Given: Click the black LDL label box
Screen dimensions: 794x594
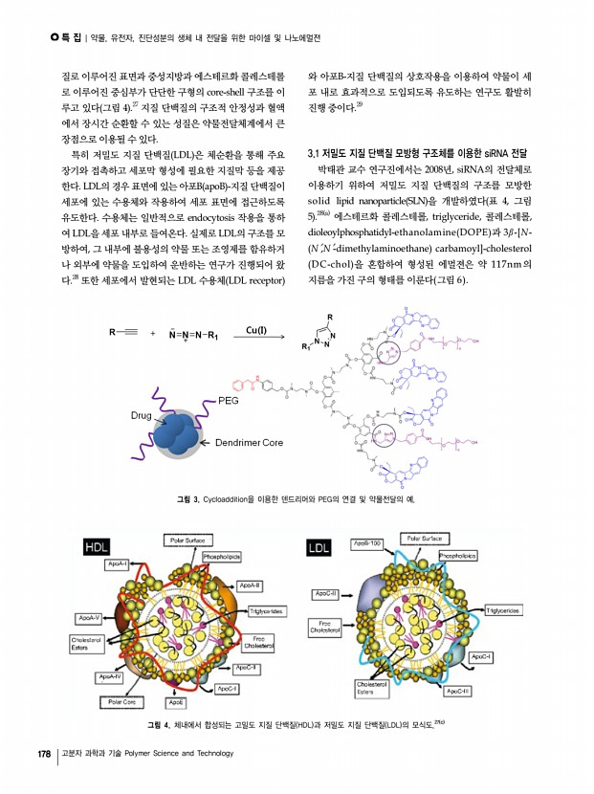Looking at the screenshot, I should (319, 547).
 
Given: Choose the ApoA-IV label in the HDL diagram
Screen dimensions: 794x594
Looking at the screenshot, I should (113, 676).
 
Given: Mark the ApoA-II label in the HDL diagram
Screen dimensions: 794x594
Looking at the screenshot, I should (250, 584).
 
